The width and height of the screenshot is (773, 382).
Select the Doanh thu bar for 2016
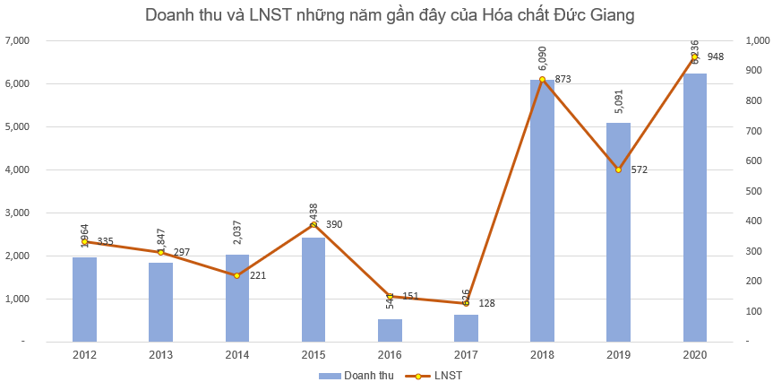[x=390, y=330]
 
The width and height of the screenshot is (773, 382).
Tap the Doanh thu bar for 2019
[x=618, y=232]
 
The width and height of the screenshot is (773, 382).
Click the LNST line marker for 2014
[x=236, y=275]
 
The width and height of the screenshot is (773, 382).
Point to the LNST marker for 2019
[x=618, y=169]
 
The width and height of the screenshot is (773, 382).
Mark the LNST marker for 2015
[x=313, y=224]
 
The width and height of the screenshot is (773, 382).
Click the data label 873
[x=563, y=79]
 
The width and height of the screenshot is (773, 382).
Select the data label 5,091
[x=619, y=103]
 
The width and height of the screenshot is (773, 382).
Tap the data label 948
[x=715, y=56]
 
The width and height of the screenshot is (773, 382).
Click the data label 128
[x=485, y=303]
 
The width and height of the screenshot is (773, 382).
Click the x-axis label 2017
[x=466, y=356]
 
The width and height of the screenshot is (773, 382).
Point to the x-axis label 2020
[x=694, y=356]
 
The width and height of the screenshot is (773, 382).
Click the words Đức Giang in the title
[x=597, y=14]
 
